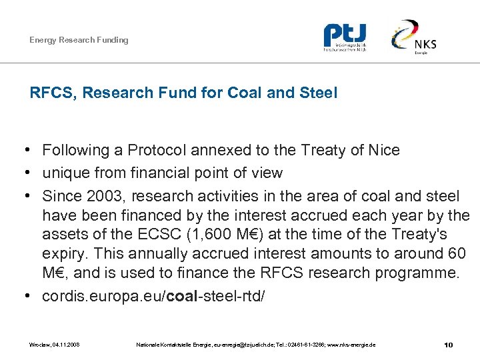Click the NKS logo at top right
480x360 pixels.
[415, 37]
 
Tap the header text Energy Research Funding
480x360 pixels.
[79, 40]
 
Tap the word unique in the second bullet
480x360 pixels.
[64, 173]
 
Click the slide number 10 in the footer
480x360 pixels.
[448, 345]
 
